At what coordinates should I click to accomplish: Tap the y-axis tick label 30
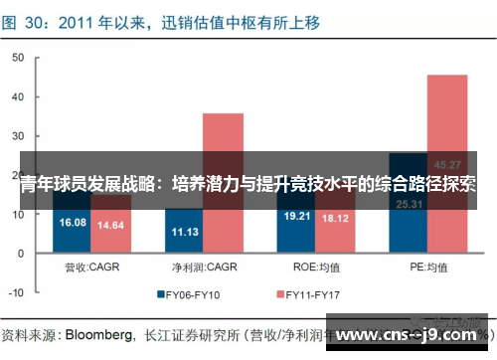click(18, 137)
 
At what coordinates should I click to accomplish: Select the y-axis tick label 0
click(21, 253)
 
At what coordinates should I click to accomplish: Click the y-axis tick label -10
click(16, 291)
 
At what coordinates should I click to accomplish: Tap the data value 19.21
click(298, 216)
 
